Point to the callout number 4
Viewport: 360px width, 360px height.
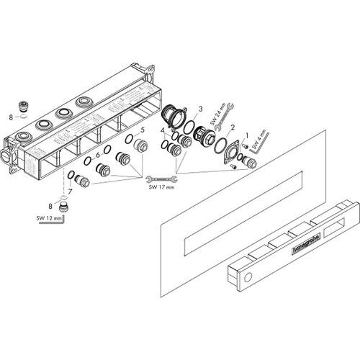point(163,131)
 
